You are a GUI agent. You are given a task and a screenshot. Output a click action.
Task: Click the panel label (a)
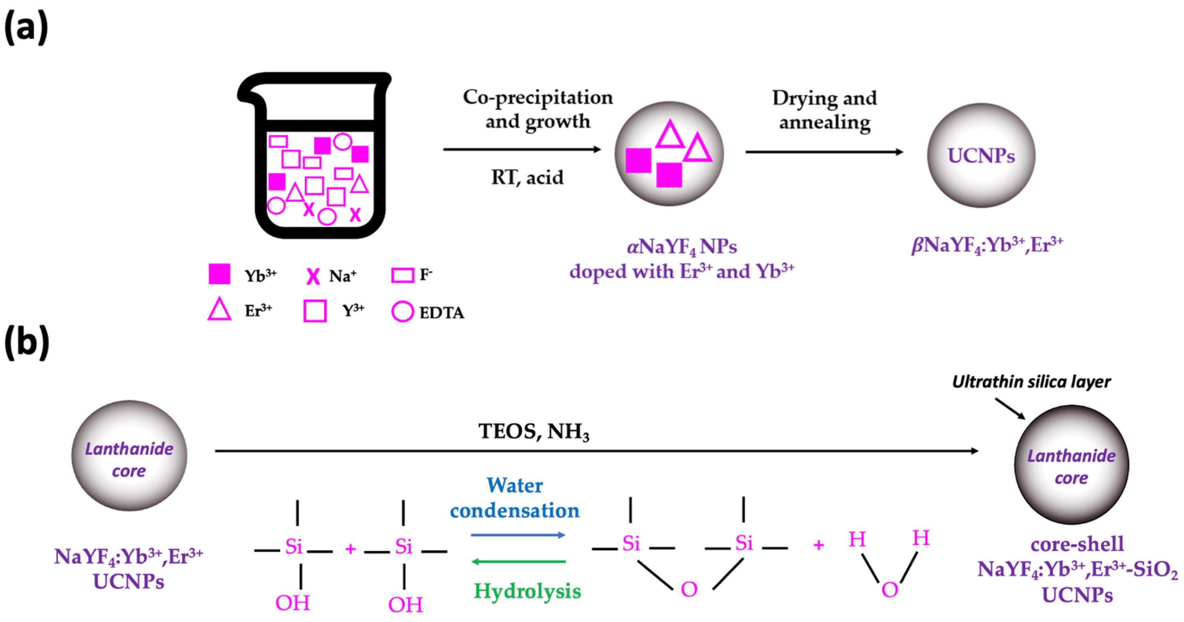tap(26, 28)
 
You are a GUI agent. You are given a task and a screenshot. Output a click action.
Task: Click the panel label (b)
tap(27, 343)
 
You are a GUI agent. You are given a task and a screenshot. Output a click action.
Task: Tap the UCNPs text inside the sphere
tap(981, 156)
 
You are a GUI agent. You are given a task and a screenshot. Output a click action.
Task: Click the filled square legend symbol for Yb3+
tap(219, 274)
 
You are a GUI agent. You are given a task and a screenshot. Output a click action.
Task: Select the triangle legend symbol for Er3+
tap(219, 309)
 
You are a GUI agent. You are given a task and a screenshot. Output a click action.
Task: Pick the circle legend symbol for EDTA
tap(402, 312)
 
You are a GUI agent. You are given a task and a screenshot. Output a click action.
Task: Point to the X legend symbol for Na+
tap(313, 276)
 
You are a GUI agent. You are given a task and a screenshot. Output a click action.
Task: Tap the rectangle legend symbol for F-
tap(402, 275)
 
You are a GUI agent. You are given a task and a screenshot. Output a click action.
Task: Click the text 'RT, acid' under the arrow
tap(527, 177)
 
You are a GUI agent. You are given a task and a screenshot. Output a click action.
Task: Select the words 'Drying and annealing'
tap(825, 110)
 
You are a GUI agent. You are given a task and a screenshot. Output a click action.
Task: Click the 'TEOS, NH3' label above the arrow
tap(534, 432)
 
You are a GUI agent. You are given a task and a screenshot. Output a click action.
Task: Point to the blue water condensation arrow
tap(518, 535)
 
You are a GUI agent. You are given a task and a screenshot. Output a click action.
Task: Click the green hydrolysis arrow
tap(519, 561)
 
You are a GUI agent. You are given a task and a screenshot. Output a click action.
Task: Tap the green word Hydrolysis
tap(527, 591)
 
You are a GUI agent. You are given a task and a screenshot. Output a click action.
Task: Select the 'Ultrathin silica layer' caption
tap(1031, 382)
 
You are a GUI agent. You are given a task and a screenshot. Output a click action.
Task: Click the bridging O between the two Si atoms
tap(688, 589)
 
